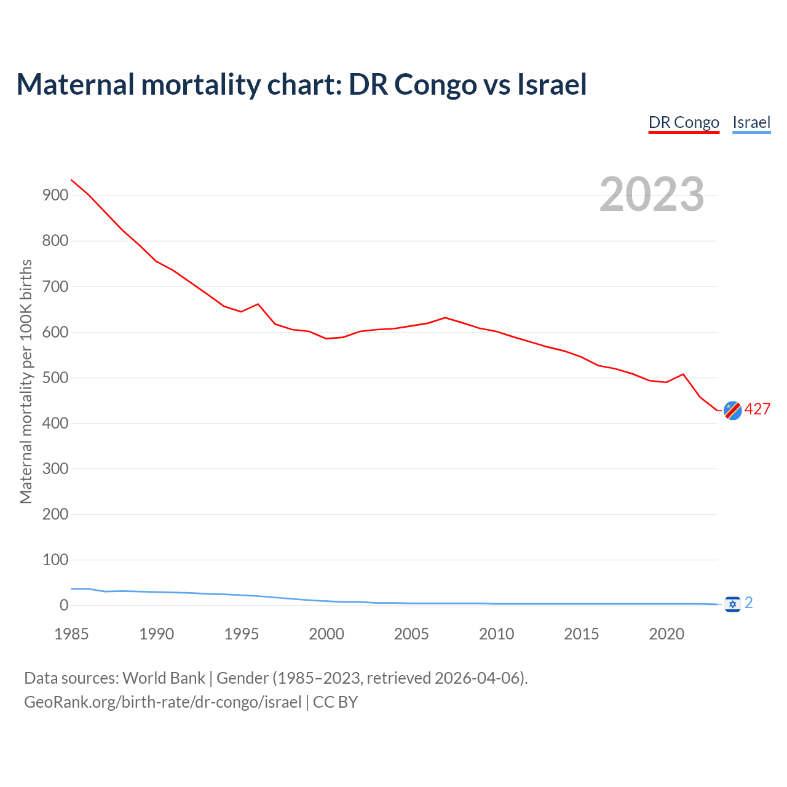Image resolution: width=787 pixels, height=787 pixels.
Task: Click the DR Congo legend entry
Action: [x=684, y=122]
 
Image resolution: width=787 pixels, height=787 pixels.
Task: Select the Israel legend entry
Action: [x=751, y=122]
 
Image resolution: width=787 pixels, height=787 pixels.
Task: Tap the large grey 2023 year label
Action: [x=652, y=194]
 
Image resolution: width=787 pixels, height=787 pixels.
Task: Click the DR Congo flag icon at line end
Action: [x=732, y=410]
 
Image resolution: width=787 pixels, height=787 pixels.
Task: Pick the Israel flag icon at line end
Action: [x=732, y=604]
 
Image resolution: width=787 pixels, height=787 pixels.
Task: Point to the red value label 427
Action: [x=757, y=409]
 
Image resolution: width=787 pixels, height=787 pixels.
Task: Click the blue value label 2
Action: [x=749, y=603]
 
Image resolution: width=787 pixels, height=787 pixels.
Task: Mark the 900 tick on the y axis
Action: [x=55, y=196]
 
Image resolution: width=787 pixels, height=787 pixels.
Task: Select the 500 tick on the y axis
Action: [x=55, y=378]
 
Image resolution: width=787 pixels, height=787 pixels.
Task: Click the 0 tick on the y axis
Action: [x=64, y=606]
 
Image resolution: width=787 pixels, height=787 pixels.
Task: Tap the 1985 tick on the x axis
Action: [x=71, y=634]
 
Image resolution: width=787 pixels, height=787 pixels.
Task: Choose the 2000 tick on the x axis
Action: [x=326, y=634]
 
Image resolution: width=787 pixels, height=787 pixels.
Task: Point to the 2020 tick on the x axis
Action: [x=666, y=634]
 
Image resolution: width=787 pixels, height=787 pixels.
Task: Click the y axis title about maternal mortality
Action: [x=26, y=381]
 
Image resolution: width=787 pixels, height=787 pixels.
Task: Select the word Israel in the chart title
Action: [x=552, y=84]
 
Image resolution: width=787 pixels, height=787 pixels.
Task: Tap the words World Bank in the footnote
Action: [x=164, y=678]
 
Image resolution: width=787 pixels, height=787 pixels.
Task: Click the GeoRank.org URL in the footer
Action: [x=162, y=702]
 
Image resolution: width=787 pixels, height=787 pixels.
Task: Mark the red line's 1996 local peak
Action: [x=258, y=304]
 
